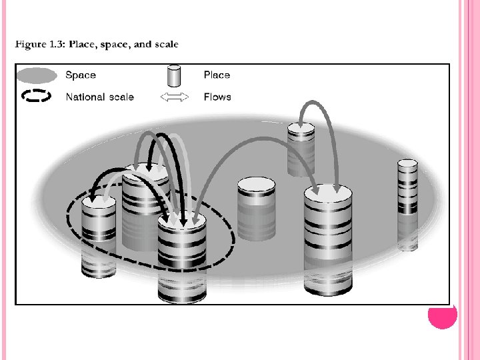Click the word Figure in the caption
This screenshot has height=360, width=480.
[31, 45]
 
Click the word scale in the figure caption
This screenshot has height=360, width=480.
[165, 45]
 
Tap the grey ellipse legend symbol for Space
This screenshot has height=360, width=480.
[37, 75]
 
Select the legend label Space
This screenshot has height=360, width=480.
[81, 75]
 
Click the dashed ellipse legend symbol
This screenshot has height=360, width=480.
[37, 97]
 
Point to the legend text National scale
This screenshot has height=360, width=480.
[99, 97]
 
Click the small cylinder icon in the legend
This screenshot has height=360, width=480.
[174, 75]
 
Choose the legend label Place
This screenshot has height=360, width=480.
[217, 75]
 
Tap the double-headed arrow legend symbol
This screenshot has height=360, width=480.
[175, 97]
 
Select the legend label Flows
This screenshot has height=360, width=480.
[217, 97]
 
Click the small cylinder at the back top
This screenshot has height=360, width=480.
[301, 147]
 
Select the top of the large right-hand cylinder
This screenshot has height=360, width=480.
[328, 194]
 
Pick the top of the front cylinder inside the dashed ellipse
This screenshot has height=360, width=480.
[182, 221]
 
